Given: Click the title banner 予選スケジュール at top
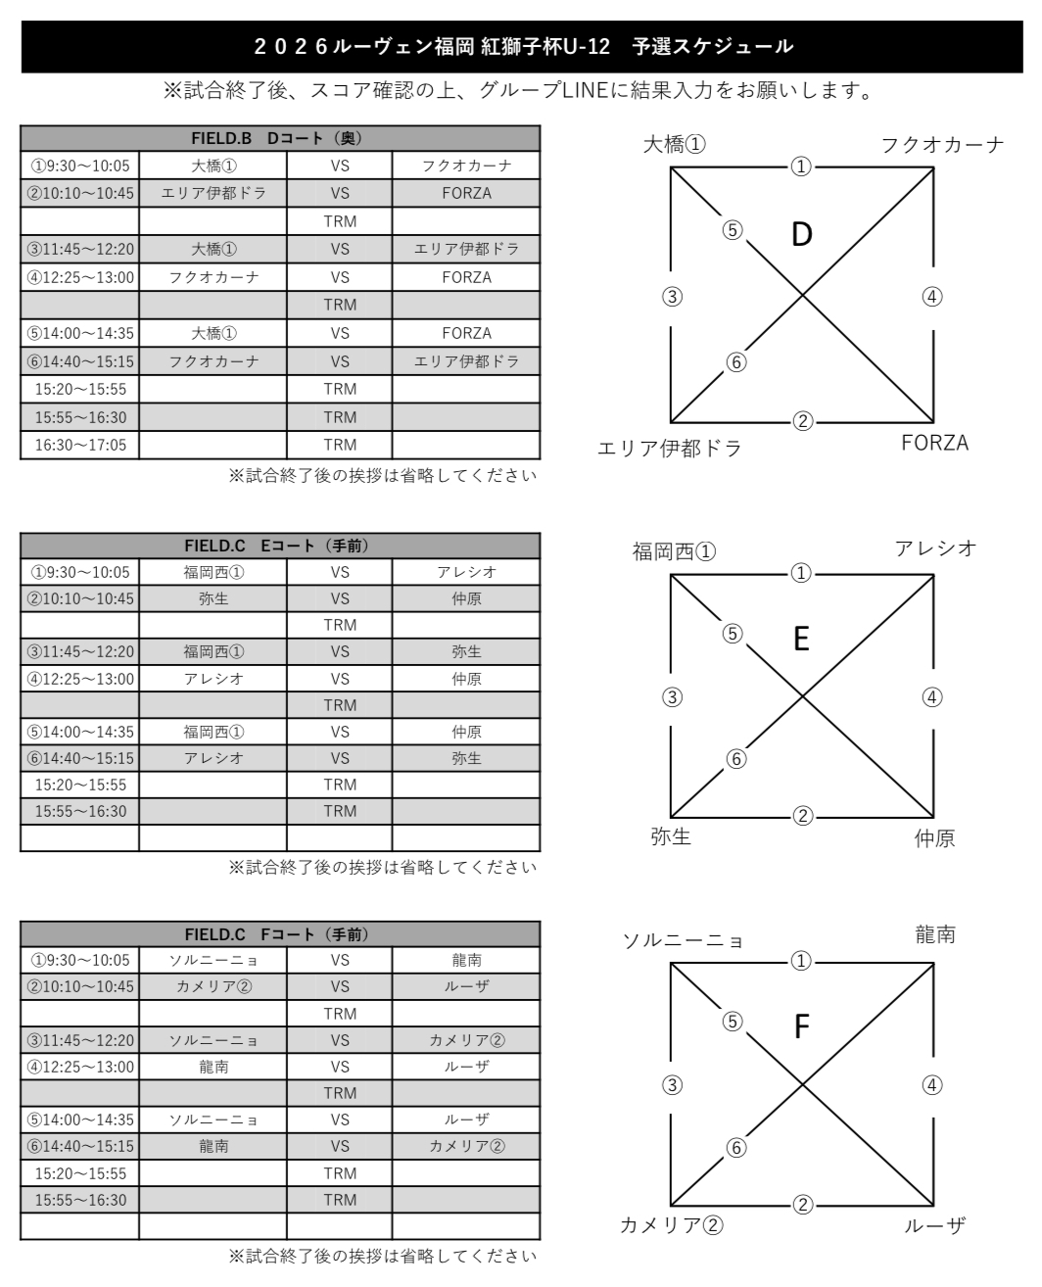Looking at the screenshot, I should pyautogui.click(x=523, y=46).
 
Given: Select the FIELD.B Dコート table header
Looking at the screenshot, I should pyautogui.click(x=280, y=138).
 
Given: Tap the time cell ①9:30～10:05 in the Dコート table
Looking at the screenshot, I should pyautogui.click(x=80, y=166).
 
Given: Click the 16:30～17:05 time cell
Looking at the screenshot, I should pyautogui.click(x=80, y=445).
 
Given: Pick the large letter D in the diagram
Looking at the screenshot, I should pyautogui.click(x=802, y=235).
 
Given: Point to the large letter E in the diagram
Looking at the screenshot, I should pyautogui.click(x=801, y=640).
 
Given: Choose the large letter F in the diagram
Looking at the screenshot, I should pyautogui.click(x=801, y=1026).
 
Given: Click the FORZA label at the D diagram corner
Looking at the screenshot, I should pyautogui.click(x=934, y=444).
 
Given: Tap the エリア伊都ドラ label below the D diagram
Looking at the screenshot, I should pyautogui.click(x=670, y=449).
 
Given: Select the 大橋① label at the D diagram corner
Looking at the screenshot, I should pyautogui.click(x=674, y=145).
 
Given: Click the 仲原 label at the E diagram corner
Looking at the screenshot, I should pyautogui.click(x=934, y=838).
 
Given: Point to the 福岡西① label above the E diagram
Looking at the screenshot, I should pyautogui.click(x=674, y=551).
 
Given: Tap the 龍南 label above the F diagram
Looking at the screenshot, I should pyautogui.click(x=935, y=935).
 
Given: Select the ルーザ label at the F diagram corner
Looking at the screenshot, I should pyautogui.click(x=934, y=1225).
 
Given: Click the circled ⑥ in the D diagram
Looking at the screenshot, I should pyautogui.click(x=736, y=362).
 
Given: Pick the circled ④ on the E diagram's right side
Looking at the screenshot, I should pyautogui.click(x=932, y=697).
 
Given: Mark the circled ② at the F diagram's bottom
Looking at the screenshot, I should pyautogui.click(x=802, y=1205).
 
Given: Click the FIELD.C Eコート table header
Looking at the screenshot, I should pyautogui.click(x=280, y=546).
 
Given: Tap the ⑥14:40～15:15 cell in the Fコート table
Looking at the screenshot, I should pyautogui.click(x=80, y=1146).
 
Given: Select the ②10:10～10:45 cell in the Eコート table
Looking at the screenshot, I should pyautogui.click(x=80, y=598).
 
